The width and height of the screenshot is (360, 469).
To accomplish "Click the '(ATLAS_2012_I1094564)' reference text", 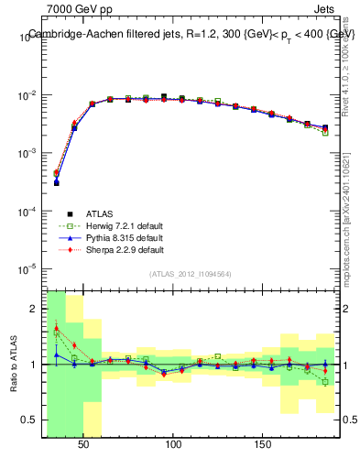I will point(191,274).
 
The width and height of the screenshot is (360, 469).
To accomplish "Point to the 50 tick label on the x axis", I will point(84,444).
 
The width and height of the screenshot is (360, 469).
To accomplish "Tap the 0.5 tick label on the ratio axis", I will point(31,420).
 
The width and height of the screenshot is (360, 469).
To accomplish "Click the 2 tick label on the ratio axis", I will point(35,309).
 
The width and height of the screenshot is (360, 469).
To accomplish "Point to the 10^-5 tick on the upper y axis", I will point(28,268).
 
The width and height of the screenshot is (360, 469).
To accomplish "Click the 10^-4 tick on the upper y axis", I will point(28,211).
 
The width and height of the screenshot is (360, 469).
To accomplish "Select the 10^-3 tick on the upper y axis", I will point(28,153).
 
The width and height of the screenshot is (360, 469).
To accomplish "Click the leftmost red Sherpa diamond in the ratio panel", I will point(56,327).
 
